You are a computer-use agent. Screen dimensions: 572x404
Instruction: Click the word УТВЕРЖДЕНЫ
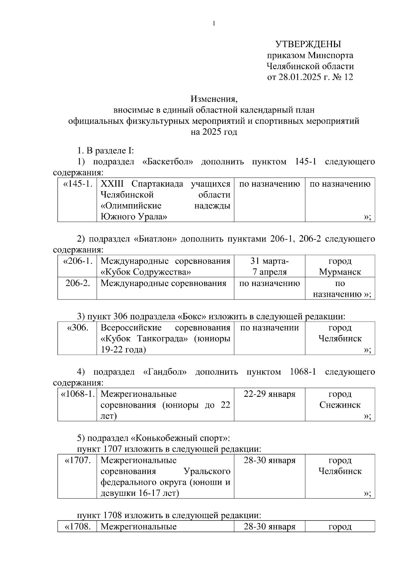tap(308, 44)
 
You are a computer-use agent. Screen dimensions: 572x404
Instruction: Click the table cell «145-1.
tap(78, 184)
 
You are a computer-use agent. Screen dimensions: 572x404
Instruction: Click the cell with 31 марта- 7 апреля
tap(269, 266)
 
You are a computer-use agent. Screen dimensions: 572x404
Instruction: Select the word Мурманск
tap(340, 272)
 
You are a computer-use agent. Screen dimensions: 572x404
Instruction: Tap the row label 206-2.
tap(78, 283)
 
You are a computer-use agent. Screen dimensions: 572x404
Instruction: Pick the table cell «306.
tap(78, 327)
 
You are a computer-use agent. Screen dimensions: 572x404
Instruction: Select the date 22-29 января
tap(269, 394)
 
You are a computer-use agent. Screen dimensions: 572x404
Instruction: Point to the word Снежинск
tap(340, 405)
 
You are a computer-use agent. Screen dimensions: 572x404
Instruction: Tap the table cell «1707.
tap(78, 460)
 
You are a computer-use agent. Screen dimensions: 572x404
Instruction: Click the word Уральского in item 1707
tap(207, 471)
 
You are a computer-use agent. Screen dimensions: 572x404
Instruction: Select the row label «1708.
tap(78, 527)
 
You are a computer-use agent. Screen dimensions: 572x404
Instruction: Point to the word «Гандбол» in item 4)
tap(165, 372)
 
